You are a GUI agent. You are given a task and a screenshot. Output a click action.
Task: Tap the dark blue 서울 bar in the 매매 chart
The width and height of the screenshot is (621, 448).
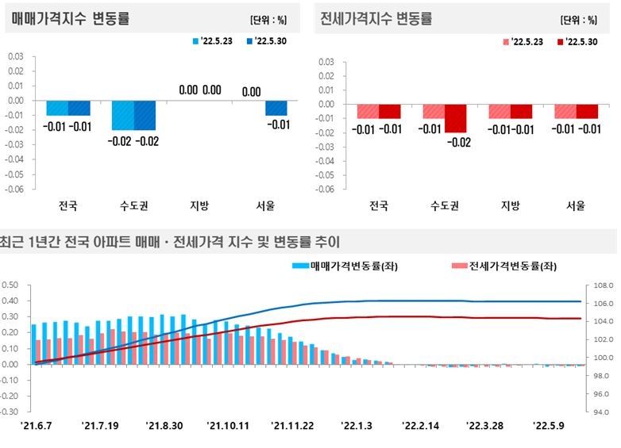[x=276, y=108]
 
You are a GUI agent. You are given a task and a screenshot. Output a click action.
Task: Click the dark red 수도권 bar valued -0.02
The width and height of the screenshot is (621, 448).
[x=456, y=117]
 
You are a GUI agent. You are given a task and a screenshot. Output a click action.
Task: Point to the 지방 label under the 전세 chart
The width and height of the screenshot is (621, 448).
[x=510, y=206]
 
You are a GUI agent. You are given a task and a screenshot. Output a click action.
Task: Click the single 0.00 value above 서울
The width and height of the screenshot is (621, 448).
[x=251, y=91]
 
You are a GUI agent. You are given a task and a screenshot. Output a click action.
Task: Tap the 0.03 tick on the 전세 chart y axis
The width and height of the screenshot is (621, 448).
[x=325, y=60]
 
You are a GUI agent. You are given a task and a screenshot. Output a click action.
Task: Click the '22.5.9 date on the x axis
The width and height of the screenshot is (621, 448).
[x=548, y=426]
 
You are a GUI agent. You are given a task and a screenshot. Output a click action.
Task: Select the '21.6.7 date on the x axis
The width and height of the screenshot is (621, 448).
[x=37, y=426]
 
